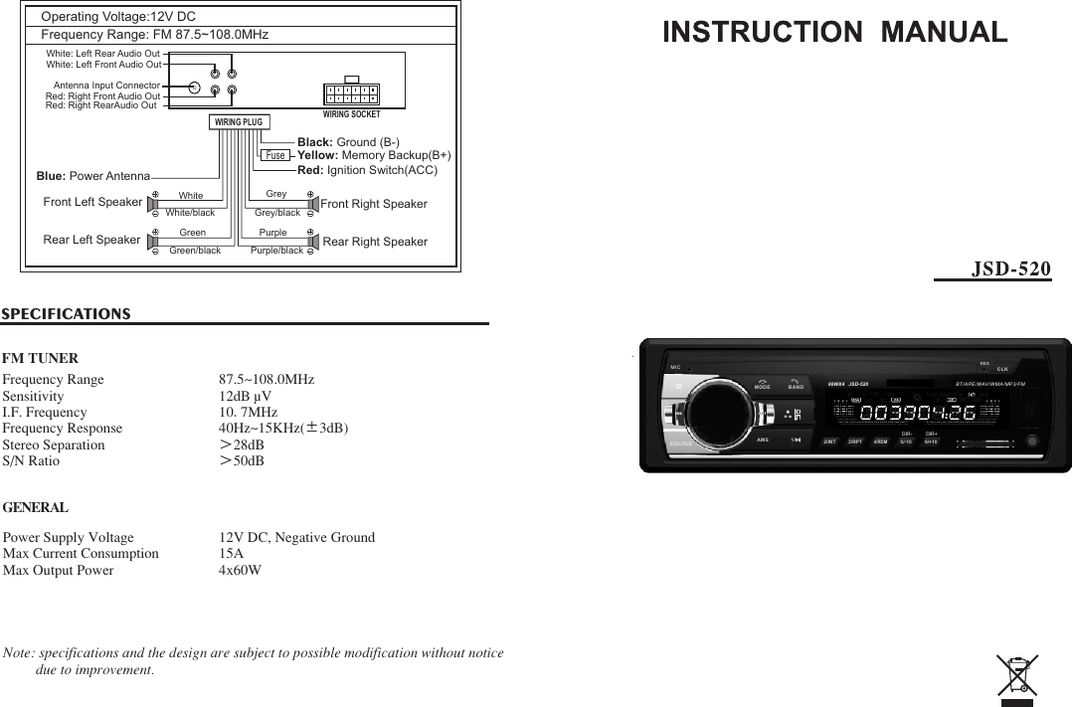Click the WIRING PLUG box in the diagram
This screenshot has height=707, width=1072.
[x=239, y=122]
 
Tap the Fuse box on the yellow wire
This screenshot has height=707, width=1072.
[x=275, y=155]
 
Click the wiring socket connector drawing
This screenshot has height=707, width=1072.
[x=351, y=93]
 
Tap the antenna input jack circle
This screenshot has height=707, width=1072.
[x=194, y=87]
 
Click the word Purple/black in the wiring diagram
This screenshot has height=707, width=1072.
[x=276, y=251]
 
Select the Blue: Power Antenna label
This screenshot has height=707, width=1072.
[x=92, y=176]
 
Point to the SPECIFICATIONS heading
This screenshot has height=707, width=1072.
[x=67, y=314]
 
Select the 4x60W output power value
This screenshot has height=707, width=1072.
[x=240, y=571]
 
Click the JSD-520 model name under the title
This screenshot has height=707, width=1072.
[x=1010, y=268]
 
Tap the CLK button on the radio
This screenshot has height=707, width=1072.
[x=1002, y=369]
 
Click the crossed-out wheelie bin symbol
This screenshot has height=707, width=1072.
[x=1017, y=674]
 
